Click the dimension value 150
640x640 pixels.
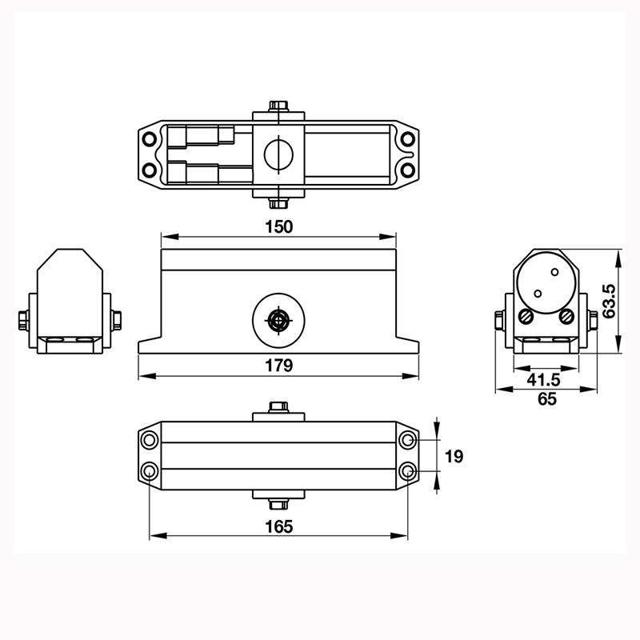coord(278,226)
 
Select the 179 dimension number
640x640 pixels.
coord(278,366)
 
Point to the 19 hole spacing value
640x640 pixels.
coord(453,456)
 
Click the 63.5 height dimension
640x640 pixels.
coord(610,301)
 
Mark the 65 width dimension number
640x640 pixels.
coord(546,399)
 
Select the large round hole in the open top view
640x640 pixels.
coord(278,151)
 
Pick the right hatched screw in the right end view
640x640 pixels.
coord(567,317)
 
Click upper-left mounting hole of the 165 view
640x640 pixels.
coord(150,441)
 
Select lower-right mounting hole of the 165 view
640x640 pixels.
coord(408,470)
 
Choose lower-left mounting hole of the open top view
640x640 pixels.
coord(150,170)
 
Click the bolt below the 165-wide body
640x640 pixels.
coord(278,503)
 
